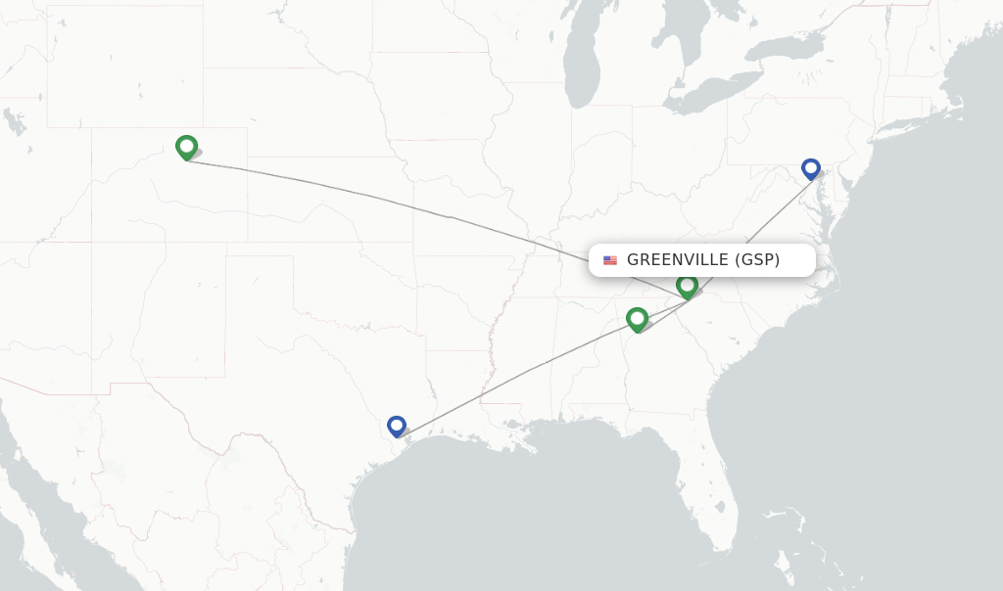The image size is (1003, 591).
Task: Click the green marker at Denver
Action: (x=186, y=147)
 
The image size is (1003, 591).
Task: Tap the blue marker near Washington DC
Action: (x=811, y=168)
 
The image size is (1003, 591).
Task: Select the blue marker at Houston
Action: (x=397, y=426)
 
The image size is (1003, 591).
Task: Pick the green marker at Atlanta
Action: (x=638, y=319)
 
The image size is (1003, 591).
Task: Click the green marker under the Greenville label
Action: (x=688, y=286)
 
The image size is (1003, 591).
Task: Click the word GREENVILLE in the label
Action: (x=678, y=260)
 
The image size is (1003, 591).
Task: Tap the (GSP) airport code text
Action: (x=757, y=260)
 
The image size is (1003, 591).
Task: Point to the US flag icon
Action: (x=610, y=260)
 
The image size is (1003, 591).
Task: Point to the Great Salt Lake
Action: (x=15, y=121)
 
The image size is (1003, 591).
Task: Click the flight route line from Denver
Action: (x=392, y=203)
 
